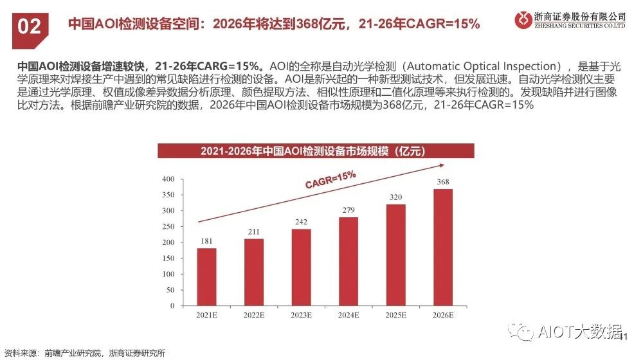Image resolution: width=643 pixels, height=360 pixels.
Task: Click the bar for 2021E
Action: tap(206, 277)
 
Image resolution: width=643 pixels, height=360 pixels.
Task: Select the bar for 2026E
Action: tap(442, 248)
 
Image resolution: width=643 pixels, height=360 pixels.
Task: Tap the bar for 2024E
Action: tap(348, 262)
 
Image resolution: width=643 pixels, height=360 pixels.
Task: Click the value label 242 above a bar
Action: tap(301, 222)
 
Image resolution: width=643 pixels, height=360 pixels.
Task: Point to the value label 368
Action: tap(442, 182)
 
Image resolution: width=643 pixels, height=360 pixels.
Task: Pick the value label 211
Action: tap(254, 231)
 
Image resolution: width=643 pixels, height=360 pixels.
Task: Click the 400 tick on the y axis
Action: tap(168, 179)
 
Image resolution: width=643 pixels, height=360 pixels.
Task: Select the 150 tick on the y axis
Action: tap(168, 258)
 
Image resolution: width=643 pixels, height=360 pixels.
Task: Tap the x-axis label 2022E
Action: tap(254, 316)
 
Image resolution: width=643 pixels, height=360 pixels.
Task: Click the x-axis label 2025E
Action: tap(395, 316)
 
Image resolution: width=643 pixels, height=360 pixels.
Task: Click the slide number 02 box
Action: tap(29, 26)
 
